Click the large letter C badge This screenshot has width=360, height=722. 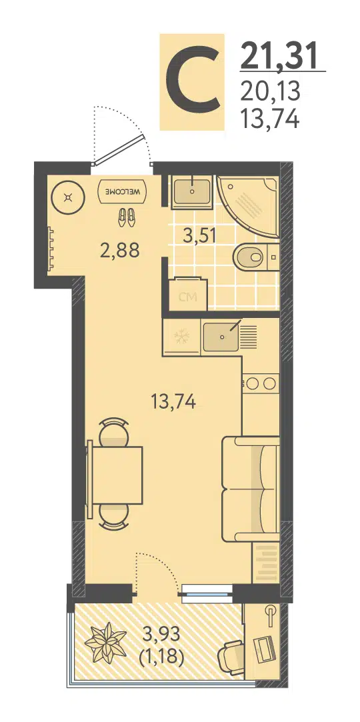192,81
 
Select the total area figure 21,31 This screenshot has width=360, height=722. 279,56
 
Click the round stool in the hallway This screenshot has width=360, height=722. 68,198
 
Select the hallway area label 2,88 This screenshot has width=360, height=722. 120,251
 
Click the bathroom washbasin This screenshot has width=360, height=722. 191,191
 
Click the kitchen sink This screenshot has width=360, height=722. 223,337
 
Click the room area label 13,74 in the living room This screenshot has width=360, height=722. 173,402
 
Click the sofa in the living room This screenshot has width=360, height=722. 251,489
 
